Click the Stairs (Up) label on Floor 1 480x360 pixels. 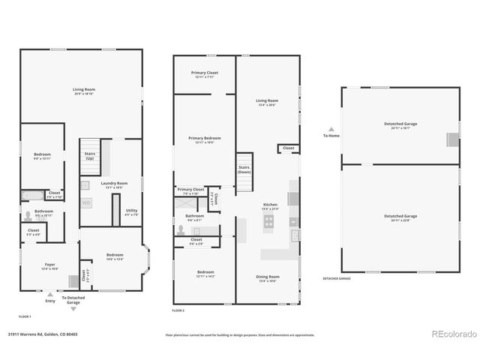click(x=90, y=156)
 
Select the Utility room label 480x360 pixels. click(x=131, y=212)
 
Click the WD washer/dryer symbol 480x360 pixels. click(x=86, y=202)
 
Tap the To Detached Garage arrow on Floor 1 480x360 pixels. click(x=73, y=308)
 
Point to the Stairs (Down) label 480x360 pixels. click(x=244, y=169)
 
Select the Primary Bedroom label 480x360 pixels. click(x=204, y=139)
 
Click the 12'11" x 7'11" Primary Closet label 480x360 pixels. click(x=204, y=76)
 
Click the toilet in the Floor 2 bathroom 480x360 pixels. click(x=182, y=231)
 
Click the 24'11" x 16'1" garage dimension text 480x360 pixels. click(x=400, y=127)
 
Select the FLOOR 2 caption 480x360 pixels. click(x=178, y=310)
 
